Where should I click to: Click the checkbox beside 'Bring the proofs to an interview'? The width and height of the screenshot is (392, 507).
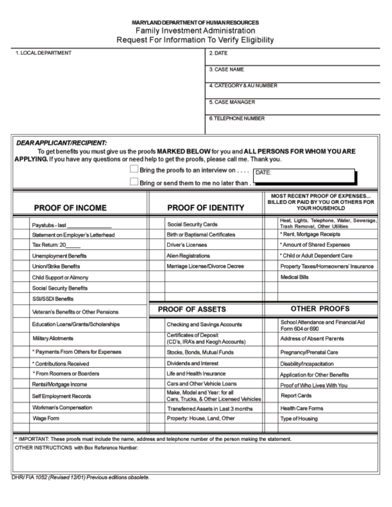[134, 169]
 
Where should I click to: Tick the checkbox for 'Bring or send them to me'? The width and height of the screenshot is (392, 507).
[134, 182]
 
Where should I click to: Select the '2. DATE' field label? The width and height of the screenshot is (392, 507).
[218, 53]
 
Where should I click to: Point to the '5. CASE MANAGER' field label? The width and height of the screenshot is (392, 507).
[231, 102]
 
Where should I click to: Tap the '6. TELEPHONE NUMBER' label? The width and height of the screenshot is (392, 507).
[236, 118]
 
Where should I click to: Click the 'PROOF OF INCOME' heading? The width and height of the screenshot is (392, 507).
[70, 208]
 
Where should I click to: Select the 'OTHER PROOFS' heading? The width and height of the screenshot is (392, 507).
[320, 308]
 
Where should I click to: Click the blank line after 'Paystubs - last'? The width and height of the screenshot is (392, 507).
[90, 225]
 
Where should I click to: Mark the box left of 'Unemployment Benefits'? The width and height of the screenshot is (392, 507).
[21, 256]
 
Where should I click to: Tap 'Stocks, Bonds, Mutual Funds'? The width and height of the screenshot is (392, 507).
[200, 352]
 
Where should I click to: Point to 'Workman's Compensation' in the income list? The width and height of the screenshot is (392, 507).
[62, 408]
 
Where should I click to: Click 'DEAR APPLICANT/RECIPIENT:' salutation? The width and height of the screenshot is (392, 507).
[61, 143]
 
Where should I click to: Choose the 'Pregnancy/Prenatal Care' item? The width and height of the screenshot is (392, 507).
[303, 352]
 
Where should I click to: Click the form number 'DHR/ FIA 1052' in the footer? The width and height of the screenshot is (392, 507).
[28, 477]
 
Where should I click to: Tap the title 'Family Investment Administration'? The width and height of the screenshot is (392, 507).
[195, 31]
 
